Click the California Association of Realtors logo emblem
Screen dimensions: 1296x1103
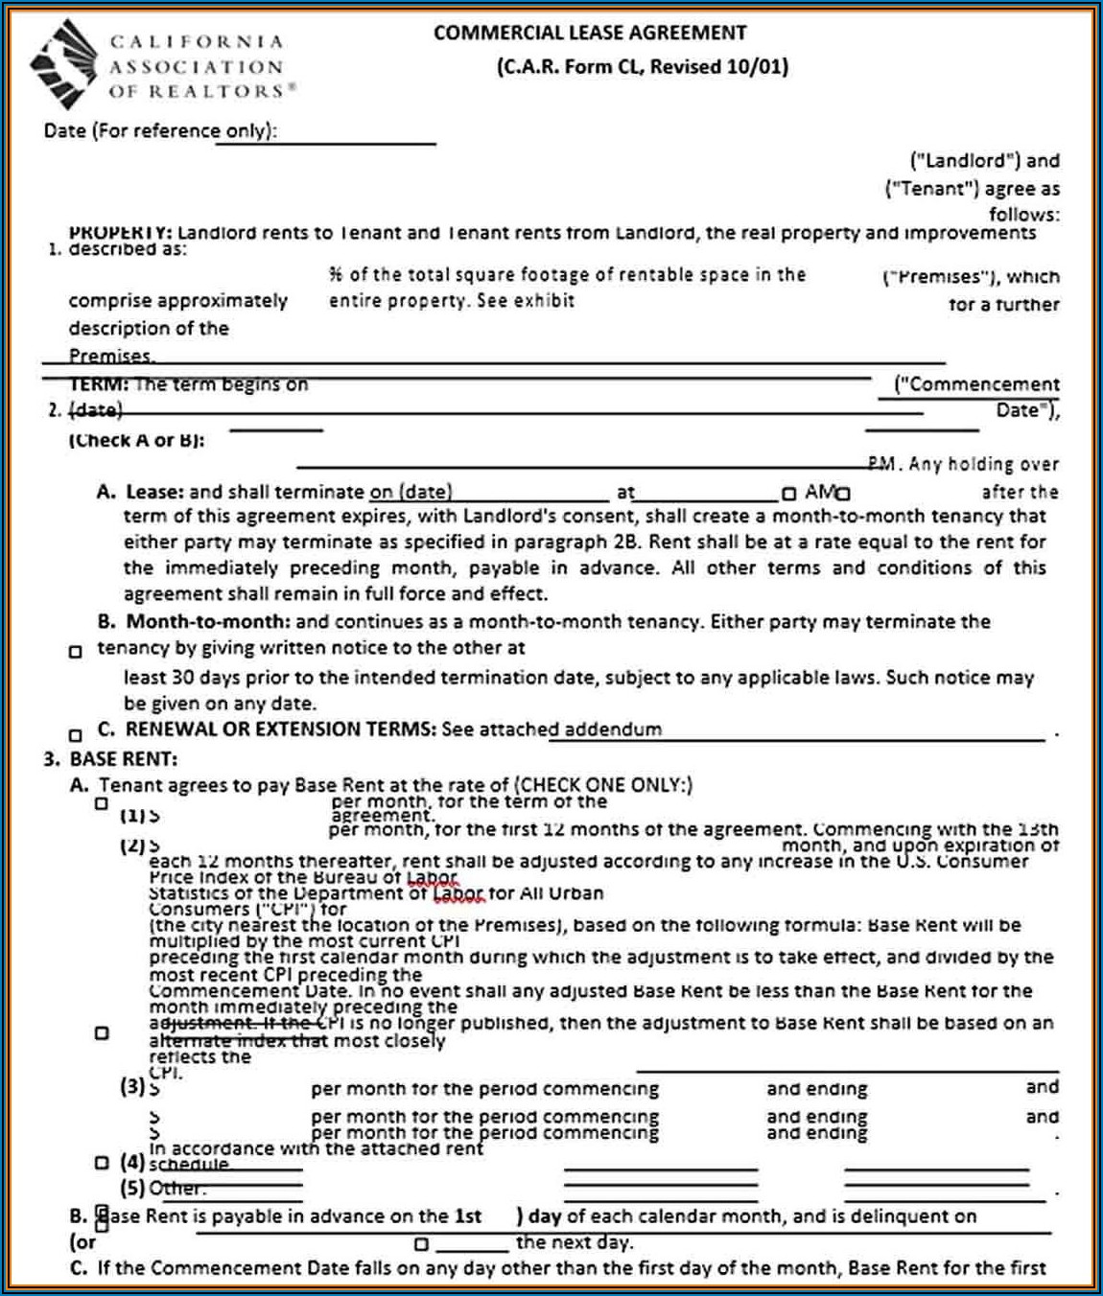tap(63, 64)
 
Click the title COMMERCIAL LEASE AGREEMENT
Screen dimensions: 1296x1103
tap(589, 33)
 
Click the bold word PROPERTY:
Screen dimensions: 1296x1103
tap(120, 233)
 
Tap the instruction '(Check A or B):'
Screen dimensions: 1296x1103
tap(136, 440)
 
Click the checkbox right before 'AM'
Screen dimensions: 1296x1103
tap(788, 494)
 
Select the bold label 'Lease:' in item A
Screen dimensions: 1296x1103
tap(154, 492)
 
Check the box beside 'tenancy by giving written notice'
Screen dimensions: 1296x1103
tap(76, 652)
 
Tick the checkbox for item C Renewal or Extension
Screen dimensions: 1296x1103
tap(76, 735)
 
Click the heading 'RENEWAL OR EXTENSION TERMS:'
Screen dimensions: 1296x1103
tap(281, 729)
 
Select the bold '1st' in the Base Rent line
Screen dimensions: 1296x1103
tap(468, 1215)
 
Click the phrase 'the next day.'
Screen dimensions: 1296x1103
tap(574, 1242)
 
